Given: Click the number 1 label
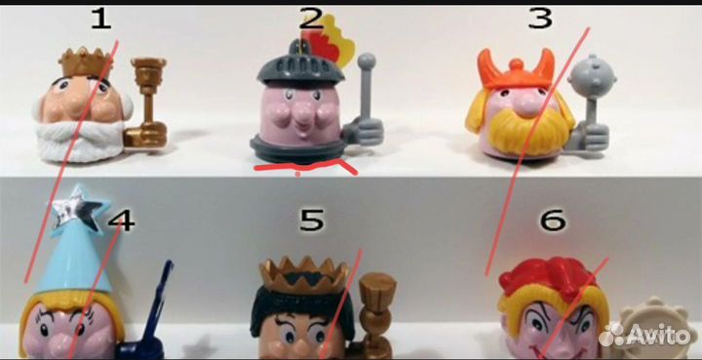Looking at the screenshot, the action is pyautogui.click(x=100, y=20).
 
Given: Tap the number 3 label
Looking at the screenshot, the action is pyautogui.click(x=540, y=19).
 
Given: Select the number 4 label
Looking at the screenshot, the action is pyautogui.click(x=122, y=220).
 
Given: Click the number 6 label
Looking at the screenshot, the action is pyautogui.click(x=554, y=220).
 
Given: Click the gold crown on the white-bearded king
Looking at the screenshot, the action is pyautogui.click(x=86, y=62).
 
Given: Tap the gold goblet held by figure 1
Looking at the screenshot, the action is pyautogui.click(x=148, y=102).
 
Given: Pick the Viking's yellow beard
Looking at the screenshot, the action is pyautogui.click(x=528, y=130).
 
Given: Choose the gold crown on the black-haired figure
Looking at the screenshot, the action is pyautogui.click(x=304, y=274).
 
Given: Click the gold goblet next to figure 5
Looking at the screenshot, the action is pyautogui.click(x=375, y=313).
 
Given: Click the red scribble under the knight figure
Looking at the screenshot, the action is pyautogui.click(x=305, y=169).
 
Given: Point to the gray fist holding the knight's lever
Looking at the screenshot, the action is pyautogui.click(x=364, y=132).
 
